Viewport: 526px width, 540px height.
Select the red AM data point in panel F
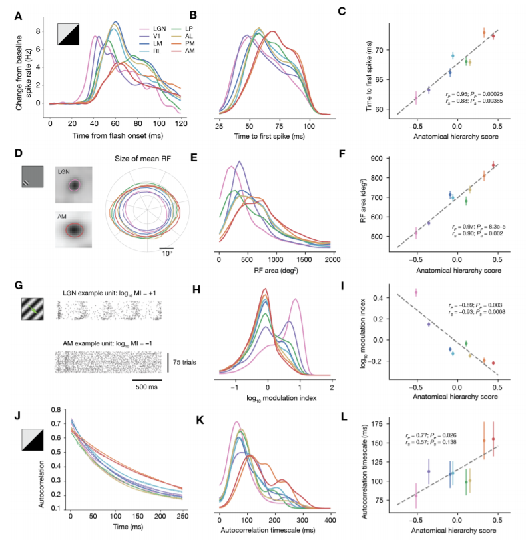493,165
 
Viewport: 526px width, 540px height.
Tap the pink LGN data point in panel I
416,292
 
